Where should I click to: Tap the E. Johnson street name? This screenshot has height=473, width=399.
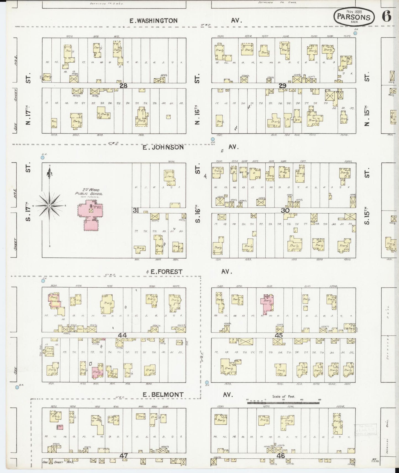coord(163,147)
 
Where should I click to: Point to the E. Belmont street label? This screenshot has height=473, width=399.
coord(163,395)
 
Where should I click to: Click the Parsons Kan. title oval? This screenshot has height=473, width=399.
coord(354,17)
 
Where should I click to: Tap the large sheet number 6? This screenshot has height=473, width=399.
coord(387,17)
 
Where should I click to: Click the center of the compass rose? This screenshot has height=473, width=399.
coord(49,206)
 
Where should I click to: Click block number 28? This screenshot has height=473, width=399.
coord(123,86)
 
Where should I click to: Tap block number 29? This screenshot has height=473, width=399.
coord(282,86)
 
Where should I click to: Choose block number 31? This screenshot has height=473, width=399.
coord(136,210)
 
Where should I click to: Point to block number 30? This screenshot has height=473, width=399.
coord(285,210)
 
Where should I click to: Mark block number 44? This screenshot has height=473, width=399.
coord(122,335)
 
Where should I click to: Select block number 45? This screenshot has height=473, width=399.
coord(279,335)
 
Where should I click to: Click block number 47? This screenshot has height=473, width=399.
coord(123,456)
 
